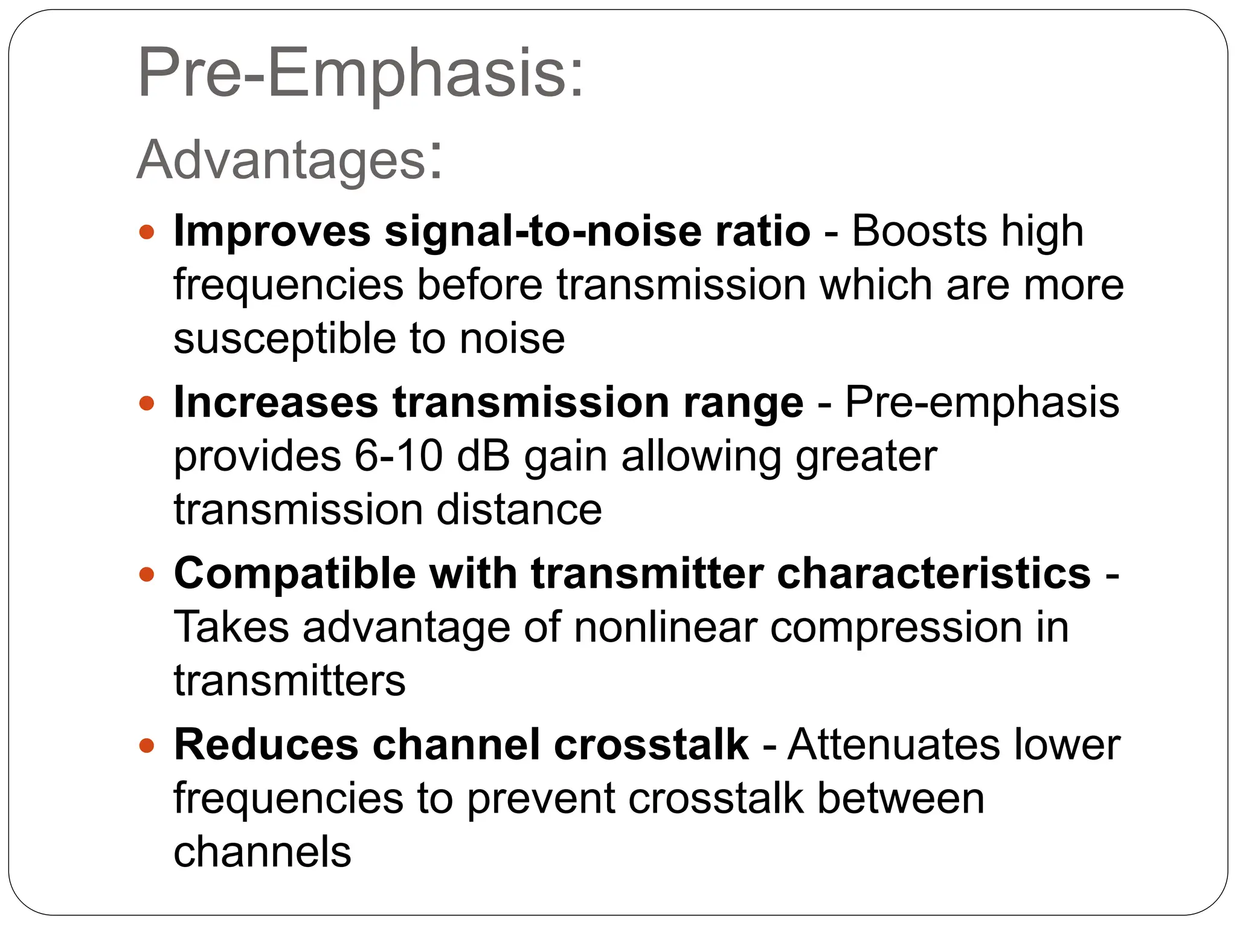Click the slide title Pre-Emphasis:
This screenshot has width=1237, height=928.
click(361, 74)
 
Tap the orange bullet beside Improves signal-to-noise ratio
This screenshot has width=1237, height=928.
click(147, 231)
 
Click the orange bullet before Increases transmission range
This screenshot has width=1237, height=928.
click(147, 403)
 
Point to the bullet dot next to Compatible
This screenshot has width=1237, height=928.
click(147, 574)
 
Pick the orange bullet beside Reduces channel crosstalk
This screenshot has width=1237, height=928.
click(147, 745)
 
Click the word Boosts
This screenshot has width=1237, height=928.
click(919, 231)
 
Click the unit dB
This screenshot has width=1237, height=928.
click(483, 456)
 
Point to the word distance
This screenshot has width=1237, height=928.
click(519, 510)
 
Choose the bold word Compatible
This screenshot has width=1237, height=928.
click(295, 574)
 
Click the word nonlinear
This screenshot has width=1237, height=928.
click(665, 627)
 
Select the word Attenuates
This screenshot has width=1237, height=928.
click(894, 745)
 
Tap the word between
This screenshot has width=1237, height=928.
click(901, 798)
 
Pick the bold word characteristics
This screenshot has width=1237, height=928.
click(934, 574)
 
